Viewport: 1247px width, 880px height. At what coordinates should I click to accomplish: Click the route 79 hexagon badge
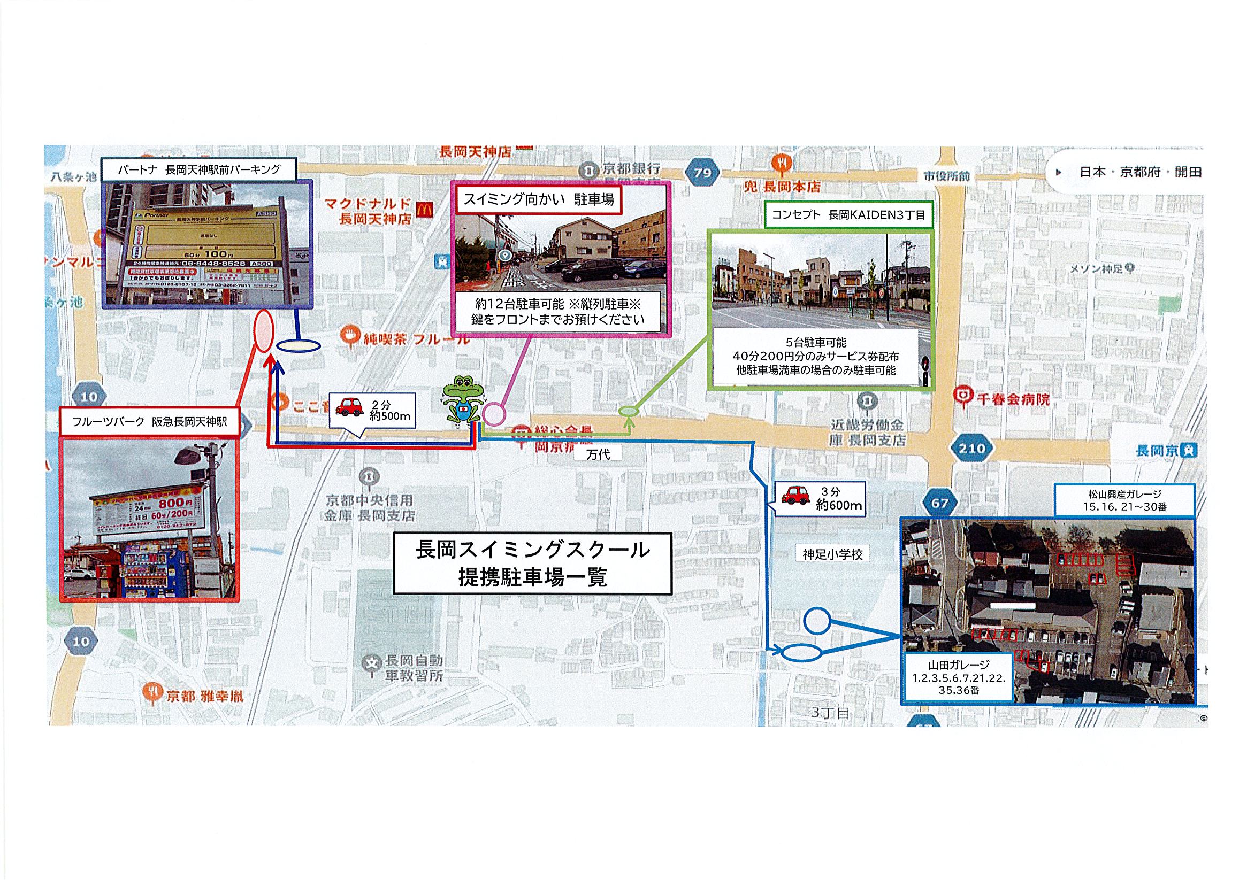[x=702, y=173]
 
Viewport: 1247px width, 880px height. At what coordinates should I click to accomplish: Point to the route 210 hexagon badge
[x=971, y=449]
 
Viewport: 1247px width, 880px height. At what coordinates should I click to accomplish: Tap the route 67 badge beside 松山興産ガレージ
[x=939, y=503]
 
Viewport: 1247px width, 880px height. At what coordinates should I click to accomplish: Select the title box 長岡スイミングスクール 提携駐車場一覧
[x=532, y=563]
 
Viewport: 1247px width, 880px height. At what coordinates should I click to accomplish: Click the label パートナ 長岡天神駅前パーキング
[x=200, y=170]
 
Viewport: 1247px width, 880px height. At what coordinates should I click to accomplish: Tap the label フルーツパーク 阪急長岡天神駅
[x=149, y=422]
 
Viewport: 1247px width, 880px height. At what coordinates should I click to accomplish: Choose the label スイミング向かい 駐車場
[x=538, y=200]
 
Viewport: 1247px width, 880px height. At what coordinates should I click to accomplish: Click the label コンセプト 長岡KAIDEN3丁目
[x=848, y=214]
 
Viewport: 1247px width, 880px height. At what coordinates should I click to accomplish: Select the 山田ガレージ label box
[x=958, y=677]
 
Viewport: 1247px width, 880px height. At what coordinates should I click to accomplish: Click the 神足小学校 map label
[x=832, y=555]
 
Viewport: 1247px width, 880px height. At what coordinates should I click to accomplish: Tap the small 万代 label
[x=598, y=455]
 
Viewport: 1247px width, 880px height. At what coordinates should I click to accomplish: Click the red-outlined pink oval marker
[x=264, y=331]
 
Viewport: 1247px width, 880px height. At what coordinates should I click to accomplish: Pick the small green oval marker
[x=628, y=412]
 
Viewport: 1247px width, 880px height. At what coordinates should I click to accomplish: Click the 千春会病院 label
[x=1003, y=399]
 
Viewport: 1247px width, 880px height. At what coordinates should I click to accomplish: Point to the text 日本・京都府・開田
[x=1139, y=172]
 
